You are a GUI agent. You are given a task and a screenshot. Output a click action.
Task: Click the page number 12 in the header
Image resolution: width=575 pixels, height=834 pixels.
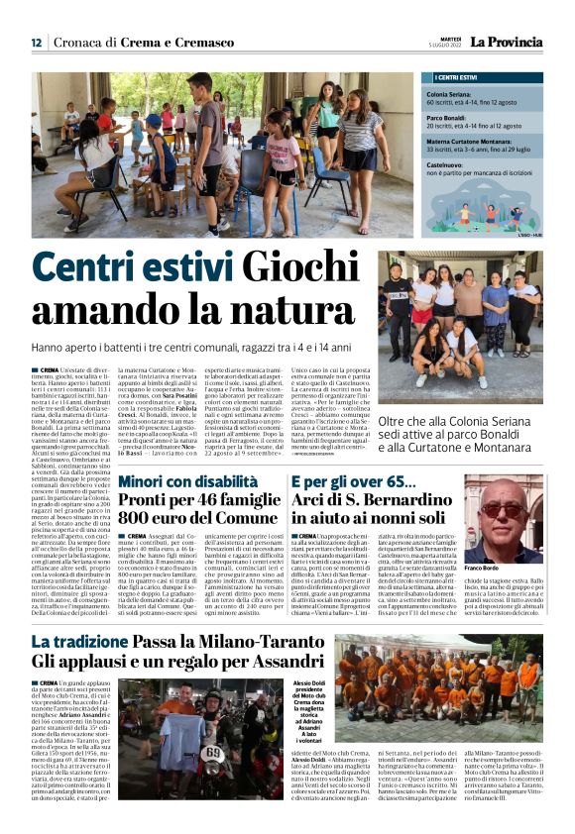pos(36,43)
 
